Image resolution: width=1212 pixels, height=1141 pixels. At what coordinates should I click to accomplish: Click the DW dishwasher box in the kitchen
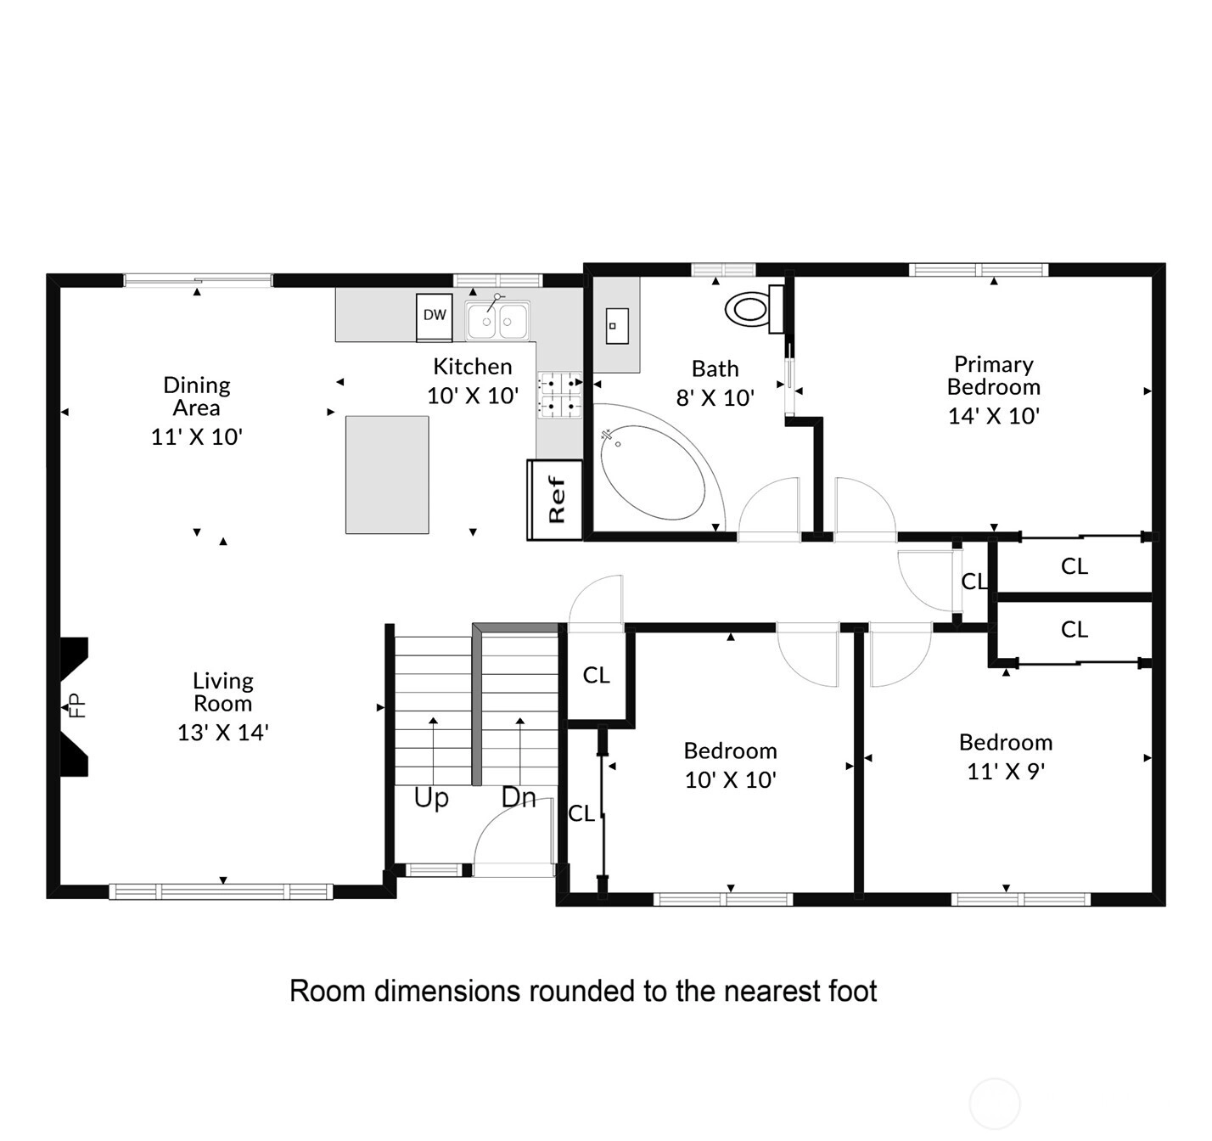tap(435, 317)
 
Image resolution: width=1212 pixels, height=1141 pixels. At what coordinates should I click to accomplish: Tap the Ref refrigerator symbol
tap(554, 500)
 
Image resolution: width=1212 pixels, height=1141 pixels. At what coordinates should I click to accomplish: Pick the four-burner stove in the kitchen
tap(559, 395)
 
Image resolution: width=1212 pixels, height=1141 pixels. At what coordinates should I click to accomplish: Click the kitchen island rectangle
tap(387, 475)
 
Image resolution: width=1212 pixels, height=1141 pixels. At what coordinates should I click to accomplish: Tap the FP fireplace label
tap(77, 705)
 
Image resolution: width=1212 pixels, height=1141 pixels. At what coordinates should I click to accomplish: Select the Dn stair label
tap(519, 797)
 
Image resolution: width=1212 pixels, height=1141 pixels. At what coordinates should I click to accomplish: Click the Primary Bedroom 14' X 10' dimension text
tap(994, 416)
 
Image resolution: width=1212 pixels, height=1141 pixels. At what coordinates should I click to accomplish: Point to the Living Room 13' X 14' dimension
tap(222, 732)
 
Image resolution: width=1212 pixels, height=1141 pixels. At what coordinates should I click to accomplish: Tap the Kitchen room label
tap(473, 366)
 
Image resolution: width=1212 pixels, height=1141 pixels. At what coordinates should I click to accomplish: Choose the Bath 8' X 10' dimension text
tap(715, 397)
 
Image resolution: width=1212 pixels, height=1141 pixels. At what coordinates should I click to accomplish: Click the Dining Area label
tap(197, 396)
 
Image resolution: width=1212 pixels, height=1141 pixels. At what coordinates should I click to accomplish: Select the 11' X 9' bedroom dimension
tap(1006, 771)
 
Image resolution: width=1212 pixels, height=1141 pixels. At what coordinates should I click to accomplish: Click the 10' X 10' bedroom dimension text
tap(731, 779)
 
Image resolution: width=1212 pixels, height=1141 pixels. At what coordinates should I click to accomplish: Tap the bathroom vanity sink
tap(617, 326)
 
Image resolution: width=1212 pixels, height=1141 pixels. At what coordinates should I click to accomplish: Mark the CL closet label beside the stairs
tap(596, 675)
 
